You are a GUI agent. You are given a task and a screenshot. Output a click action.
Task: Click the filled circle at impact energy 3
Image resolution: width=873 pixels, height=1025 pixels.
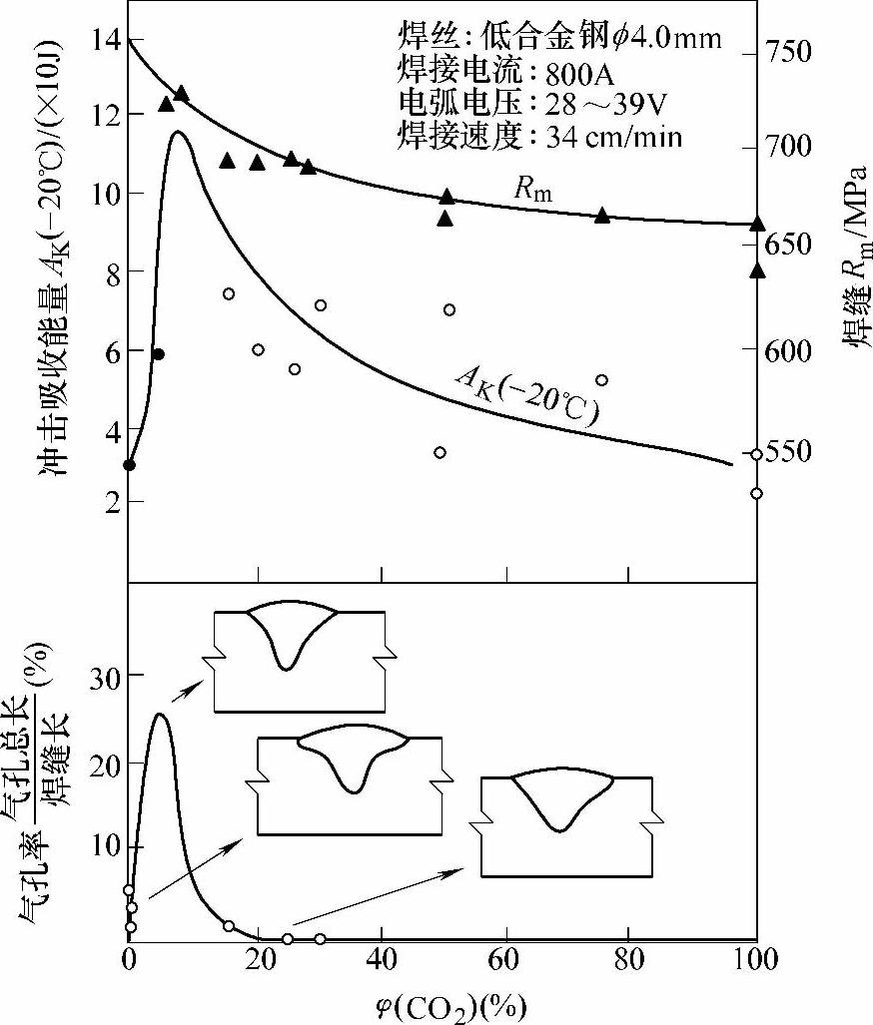point(130,464)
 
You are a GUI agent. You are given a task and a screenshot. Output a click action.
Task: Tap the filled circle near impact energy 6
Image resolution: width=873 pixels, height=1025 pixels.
point(158,354)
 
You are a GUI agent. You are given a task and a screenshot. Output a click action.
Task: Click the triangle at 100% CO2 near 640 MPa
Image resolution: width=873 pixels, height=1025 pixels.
point(757,269)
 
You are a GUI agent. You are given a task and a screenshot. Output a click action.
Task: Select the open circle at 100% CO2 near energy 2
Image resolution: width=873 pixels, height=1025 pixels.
point(756,493)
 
